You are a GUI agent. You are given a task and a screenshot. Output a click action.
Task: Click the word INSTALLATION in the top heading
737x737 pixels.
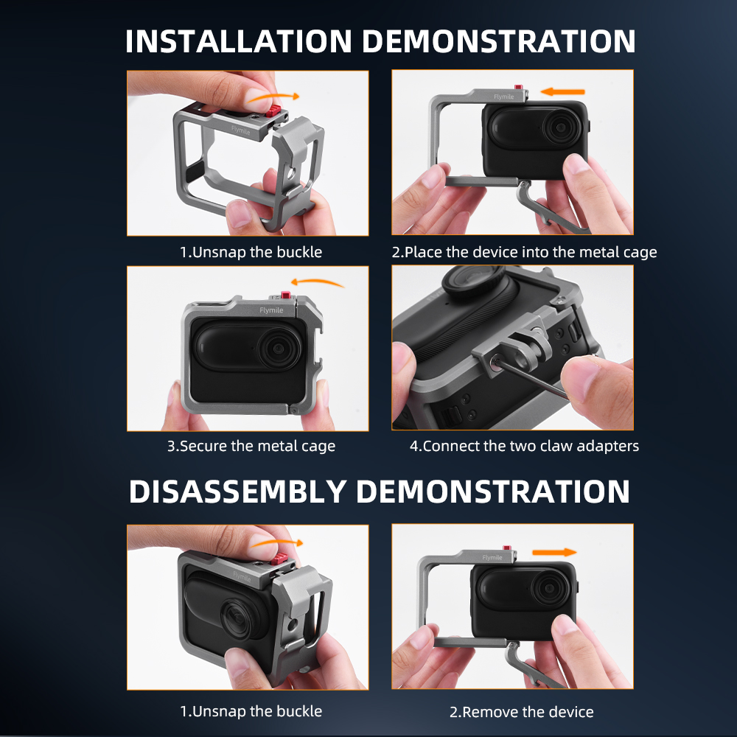238,41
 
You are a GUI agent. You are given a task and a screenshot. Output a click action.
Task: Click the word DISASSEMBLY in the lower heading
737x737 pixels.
237,492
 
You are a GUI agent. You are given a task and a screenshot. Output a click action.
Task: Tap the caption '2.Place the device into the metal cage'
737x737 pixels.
524,252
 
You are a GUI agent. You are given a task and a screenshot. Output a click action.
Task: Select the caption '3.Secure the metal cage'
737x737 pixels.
251,446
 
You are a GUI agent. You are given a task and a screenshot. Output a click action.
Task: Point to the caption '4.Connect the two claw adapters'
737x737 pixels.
524,446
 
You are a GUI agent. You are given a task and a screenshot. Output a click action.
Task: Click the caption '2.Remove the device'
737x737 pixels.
521,712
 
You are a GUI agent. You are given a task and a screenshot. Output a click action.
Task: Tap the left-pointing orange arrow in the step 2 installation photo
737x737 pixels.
562,91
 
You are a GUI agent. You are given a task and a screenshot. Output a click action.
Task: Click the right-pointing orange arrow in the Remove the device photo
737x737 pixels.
554,552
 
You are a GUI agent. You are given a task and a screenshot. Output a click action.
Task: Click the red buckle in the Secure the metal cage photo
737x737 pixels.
285,296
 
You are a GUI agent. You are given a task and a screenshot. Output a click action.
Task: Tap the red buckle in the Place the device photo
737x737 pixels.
518,88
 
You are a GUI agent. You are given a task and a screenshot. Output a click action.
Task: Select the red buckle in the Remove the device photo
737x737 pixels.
507,548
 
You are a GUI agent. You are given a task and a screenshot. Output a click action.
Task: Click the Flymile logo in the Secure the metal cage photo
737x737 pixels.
271,310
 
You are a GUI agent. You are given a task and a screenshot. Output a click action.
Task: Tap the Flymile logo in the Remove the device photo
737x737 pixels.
492,557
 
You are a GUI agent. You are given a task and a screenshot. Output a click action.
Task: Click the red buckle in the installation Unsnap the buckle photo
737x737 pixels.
273,112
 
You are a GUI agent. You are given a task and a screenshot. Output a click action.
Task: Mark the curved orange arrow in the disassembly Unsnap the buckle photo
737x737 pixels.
276,543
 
